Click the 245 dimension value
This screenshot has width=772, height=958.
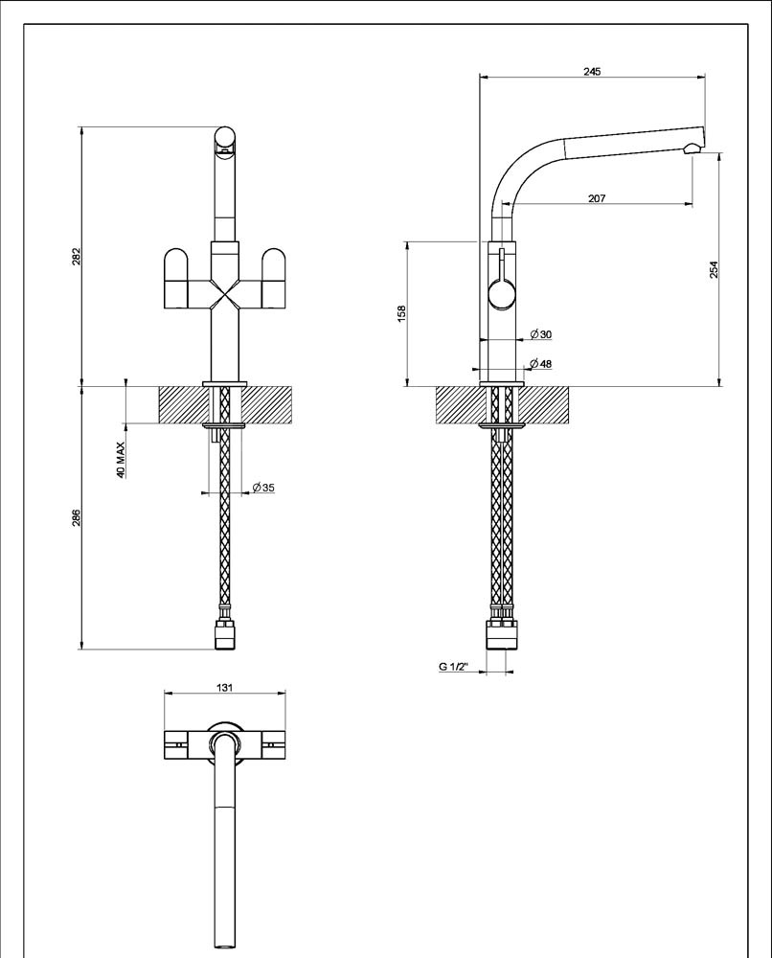(592, 72)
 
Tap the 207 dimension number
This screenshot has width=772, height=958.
(597, 198)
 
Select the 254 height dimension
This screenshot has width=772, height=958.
(714, 269)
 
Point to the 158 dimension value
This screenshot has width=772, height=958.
(402, 314)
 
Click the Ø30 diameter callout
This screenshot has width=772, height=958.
(541, 334)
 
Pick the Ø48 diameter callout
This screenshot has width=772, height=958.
(541, 363)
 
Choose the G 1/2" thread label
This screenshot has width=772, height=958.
(453, 667)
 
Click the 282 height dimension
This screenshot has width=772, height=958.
(77, 257)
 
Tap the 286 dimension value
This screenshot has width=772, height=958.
(77, 517)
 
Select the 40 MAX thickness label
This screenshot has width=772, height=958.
(121, 460)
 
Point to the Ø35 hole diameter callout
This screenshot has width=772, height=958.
(263, 488)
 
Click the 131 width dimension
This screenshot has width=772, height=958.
(225, 688)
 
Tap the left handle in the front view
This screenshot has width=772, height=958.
(176, 278)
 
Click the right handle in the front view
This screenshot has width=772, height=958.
(274, 278)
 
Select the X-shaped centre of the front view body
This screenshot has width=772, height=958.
(225, 294)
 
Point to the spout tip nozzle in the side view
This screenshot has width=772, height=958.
(693, 148)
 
